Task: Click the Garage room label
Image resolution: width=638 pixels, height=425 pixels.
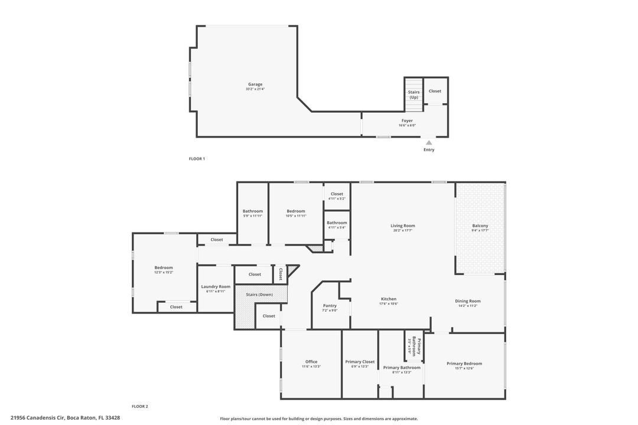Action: [255, 84]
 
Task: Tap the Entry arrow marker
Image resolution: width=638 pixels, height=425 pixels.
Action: [429, 142]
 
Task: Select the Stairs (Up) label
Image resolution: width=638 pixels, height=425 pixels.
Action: [414, 94]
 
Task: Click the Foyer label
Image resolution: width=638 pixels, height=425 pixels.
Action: [408, 120]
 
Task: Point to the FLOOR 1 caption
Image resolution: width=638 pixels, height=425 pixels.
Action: [197, 159]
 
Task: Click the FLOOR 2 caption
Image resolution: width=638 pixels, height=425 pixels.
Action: [140, 406]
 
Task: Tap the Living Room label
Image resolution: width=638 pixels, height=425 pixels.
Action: [403, 225]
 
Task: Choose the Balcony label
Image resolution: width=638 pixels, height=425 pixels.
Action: [480, 225]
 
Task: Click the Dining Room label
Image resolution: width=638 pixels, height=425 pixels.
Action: [468, 301]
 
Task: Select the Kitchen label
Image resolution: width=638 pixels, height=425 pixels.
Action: [389, 299]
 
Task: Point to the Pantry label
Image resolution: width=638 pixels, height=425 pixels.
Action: [330, 305]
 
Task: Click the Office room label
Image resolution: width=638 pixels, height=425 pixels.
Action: [311, 362]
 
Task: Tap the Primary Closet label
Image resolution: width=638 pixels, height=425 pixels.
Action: [360, 362]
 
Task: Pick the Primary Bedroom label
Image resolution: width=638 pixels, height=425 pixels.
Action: [464, 364]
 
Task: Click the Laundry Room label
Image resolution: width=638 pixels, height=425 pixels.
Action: [216, 286]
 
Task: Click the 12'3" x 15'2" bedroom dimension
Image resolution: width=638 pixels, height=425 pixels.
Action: [164, 272]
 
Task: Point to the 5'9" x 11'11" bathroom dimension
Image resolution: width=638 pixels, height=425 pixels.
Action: [253, 215]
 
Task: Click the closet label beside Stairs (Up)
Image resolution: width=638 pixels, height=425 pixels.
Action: [435, 91]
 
